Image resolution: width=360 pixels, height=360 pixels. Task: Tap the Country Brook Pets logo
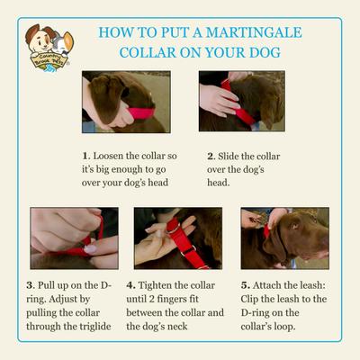[49, 48]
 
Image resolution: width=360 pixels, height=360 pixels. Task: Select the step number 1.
[85, 156]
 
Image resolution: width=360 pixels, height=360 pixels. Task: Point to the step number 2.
[211, 157]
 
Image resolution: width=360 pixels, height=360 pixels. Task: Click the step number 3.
[30, 285]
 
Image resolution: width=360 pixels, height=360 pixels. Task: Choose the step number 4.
[130, 285]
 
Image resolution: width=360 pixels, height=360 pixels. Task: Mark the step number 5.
[245, 285]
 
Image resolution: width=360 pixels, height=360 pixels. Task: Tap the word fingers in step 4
[178, 299]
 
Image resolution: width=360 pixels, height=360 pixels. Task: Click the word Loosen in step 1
[108, 156]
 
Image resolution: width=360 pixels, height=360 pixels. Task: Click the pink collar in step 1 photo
[141, 113]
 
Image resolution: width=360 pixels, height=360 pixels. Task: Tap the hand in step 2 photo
[219, 100]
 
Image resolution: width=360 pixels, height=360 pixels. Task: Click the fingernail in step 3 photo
[90, 249]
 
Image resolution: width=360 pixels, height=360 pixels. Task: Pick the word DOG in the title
[265, 52]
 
